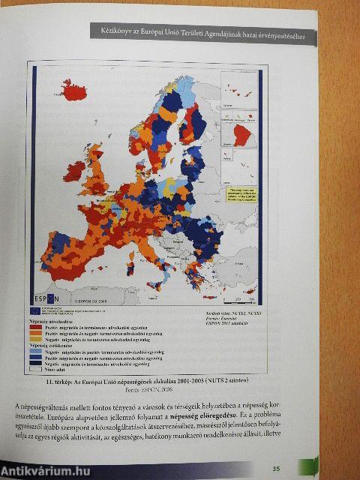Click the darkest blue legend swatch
34,362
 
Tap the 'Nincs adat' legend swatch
34,368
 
